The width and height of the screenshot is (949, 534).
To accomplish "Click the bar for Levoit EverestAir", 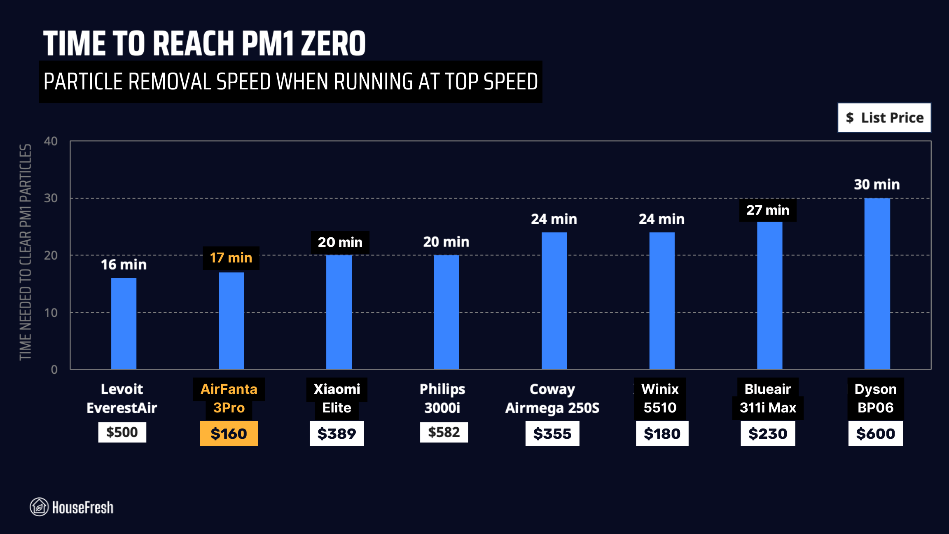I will pos(124,323).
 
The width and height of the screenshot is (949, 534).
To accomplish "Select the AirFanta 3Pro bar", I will pos(231,321).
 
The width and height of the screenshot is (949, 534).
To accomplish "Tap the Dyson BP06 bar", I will pos(877,283).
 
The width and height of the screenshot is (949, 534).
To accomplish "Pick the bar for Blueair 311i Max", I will pos(769,295).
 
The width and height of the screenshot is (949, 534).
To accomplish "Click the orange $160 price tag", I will pos(229,433).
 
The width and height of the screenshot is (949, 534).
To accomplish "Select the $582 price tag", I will pos(444,432).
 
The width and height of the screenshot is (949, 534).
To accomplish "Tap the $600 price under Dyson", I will pos(875,433).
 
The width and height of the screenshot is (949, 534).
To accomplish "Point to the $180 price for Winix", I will pos(662,433).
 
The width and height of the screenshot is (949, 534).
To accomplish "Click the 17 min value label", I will pos(231,258).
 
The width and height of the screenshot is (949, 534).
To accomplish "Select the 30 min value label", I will pos(877,185).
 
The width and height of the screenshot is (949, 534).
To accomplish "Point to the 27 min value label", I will pos(768,210).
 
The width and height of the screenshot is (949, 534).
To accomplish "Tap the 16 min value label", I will pos(124,265).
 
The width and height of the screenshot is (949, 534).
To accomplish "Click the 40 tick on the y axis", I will pos(51,141).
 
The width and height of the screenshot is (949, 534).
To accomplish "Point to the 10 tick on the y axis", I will pos(51,313).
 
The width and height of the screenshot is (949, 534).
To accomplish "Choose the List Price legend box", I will pos(884,118).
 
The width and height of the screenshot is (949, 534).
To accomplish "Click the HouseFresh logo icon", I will pos(39,507).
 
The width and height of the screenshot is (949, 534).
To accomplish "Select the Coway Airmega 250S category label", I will pos(552,398).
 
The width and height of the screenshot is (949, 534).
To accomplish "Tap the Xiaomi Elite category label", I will pos(337,398).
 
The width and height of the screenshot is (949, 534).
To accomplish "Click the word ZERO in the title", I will pos(333,44).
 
